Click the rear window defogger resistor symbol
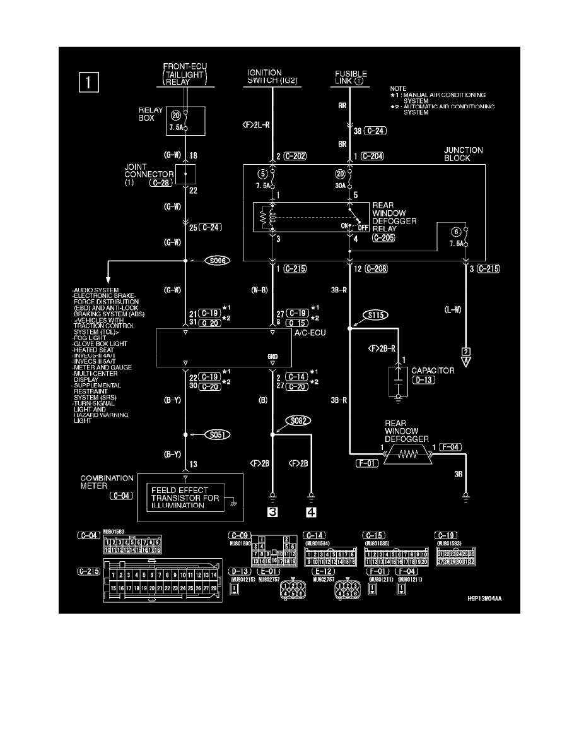[411, 453]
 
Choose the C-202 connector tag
[293, 156]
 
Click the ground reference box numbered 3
[272, 512]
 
